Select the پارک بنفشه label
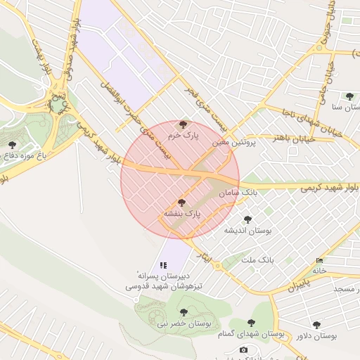183,212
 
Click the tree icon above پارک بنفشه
182,202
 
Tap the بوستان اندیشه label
247,230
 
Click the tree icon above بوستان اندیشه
247,219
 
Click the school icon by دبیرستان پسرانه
163,265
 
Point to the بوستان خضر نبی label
183,323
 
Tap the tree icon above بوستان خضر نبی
184,312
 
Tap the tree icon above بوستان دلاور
316,325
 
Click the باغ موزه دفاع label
23,154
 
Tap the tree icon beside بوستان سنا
349,96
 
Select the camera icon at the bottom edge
243,349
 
